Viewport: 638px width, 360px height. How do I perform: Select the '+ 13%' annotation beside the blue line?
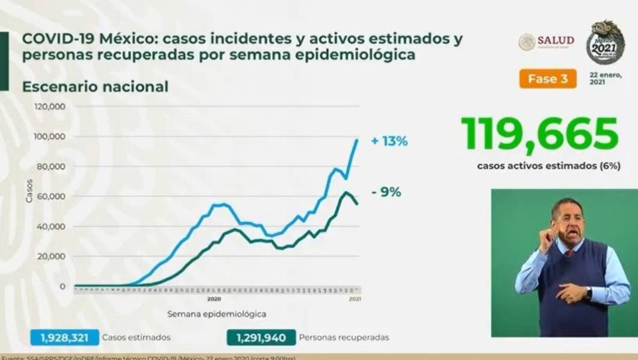pos(389,142)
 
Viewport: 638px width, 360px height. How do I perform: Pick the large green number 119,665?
pos(539,134)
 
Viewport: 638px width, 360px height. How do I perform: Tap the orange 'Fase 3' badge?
pos(547,79)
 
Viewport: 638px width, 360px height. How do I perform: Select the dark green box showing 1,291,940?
pos(261,337)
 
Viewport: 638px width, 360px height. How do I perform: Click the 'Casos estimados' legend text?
pos(136,337)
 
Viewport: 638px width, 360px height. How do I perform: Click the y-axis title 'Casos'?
pos(28,190)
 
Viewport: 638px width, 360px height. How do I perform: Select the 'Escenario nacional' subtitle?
pos(95,87)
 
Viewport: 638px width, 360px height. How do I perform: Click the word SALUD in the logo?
pos(556,40)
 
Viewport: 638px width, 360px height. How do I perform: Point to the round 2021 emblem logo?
pos(605,42)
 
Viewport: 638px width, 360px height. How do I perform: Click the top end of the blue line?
pos(357,140)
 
